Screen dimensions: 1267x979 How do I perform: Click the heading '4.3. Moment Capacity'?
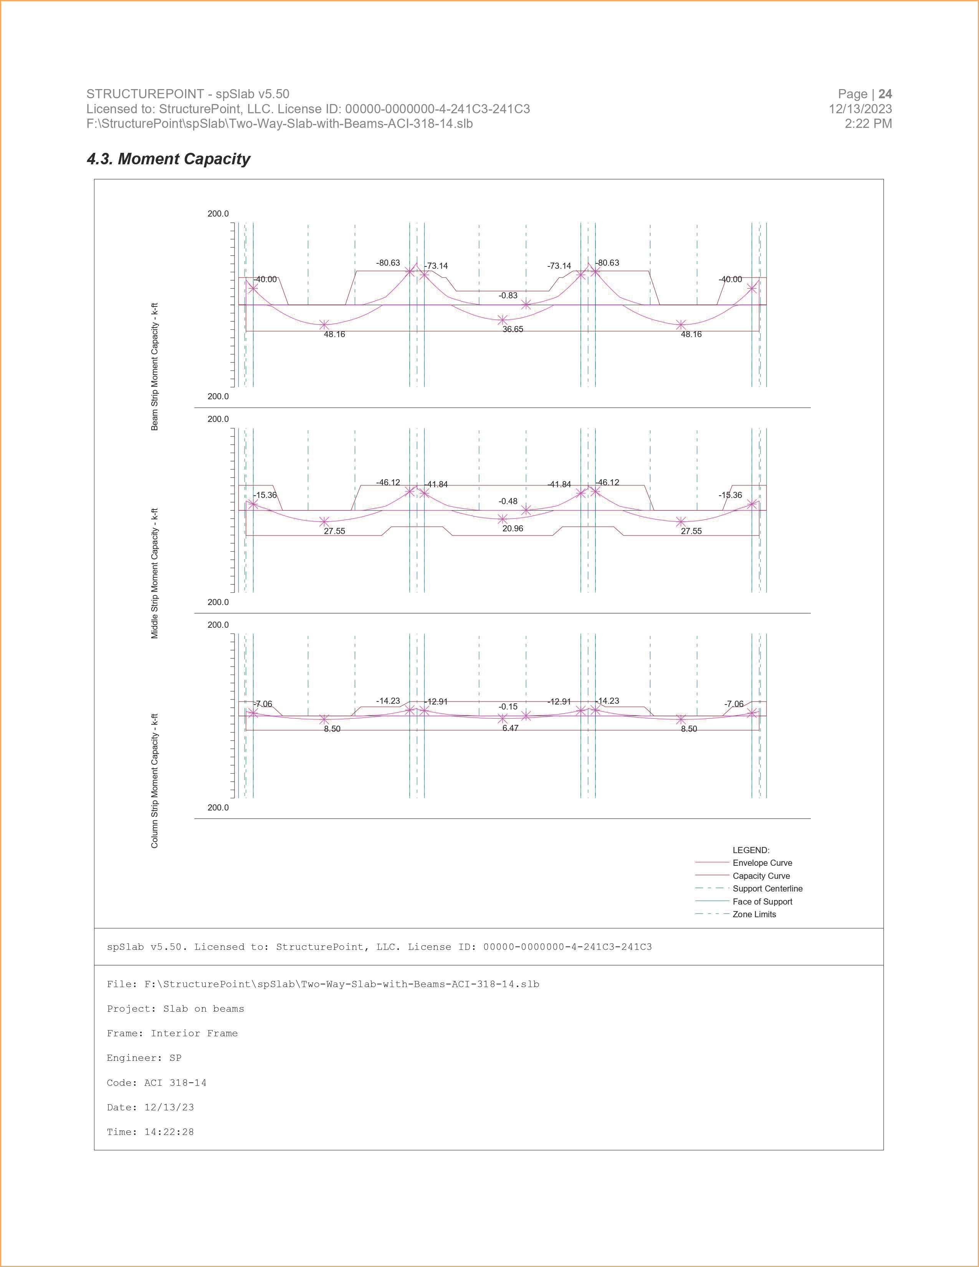coord(168,159)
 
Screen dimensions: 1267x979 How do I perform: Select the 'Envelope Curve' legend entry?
coord(762,863)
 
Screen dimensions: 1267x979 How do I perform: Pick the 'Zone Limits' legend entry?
coord(754,914)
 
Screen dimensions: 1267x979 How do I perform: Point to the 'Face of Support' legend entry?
coord(762,901)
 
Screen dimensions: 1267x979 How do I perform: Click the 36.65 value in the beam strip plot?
coord(513,329)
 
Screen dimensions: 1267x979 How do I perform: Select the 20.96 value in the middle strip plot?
coord(513,529)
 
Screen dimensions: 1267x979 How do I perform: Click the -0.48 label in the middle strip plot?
coord(508,501)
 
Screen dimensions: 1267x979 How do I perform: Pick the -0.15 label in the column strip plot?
coord(508,706)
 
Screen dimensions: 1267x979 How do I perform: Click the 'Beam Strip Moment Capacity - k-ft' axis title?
coord(155,367)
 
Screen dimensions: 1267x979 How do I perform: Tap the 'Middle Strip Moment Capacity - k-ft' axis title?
coord(155,574)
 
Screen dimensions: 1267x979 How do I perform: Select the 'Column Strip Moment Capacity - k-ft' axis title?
coord(155,781)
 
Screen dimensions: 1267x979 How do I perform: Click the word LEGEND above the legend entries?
coord(751,850)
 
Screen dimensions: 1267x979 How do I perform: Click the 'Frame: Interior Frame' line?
coord(172,1033)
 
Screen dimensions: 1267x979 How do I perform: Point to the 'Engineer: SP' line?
coord(144,1058)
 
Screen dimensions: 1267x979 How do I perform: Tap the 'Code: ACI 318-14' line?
coord(157,1083)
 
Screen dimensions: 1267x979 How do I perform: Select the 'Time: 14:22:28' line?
coord(150,1132)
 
